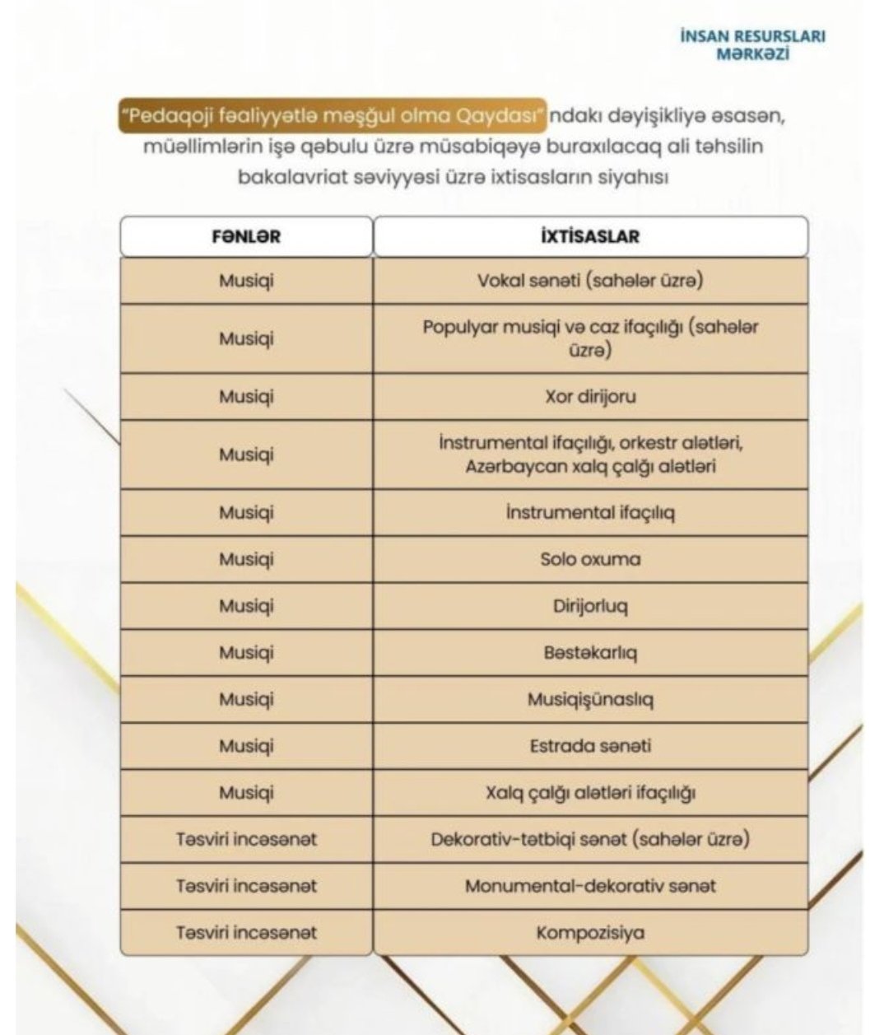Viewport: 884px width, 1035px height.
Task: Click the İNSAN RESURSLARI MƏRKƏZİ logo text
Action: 752,44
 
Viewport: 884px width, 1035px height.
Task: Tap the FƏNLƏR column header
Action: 246,236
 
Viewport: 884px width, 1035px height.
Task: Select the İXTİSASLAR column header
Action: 590,236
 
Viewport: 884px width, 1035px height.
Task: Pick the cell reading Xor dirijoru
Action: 590,396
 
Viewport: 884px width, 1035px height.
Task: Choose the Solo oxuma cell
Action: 590,559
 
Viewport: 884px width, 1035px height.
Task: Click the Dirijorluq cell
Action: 590,606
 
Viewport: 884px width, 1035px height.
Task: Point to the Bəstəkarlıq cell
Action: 590,653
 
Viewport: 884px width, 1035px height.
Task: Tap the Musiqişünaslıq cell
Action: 590,699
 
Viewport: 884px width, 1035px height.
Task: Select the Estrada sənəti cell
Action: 590,746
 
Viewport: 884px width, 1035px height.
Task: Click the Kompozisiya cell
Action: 590,933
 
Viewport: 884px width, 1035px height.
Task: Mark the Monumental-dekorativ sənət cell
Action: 590,886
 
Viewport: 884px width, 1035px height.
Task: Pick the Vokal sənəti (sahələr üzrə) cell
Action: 590,280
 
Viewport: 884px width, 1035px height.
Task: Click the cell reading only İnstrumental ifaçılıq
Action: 590,512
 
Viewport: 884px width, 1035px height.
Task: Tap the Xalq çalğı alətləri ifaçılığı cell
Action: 590,793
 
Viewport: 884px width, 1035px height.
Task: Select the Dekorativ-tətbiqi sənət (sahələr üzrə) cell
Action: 590,839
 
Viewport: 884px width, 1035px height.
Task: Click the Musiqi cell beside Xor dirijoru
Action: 246,396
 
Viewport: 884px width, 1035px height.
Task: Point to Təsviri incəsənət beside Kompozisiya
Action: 246,933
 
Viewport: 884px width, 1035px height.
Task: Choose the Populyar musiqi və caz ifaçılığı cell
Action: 590,338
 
